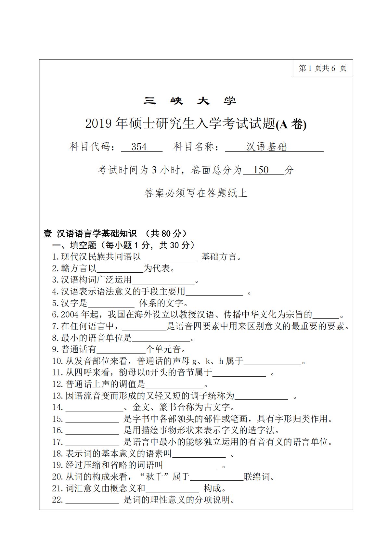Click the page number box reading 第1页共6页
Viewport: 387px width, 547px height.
pyautogui.click(x=323, y=68)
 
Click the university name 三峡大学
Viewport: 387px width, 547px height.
pyautogui.click(x=190, y=101)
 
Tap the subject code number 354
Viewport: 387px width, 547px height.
pyautogui.click(x=139, y=147)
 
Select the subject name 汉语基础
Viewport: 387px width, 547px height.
pyautogui.click(x=266, y=147)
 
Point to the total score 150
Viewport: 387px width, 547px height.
pyautogui.click(x=261, y=170)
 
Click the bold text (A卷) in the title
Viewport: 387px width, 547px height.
pyautogui.click(x=291, y=124)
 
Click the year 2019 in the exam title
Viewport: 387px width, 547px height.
pyautogui.click(x=98, y=124)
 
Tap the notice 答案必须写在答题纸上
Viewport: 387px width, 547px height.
pyautogui.click(x=196, y=193)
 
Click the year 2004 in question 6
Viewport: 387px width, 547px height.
pyautogui.click(x=70, y=315)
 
